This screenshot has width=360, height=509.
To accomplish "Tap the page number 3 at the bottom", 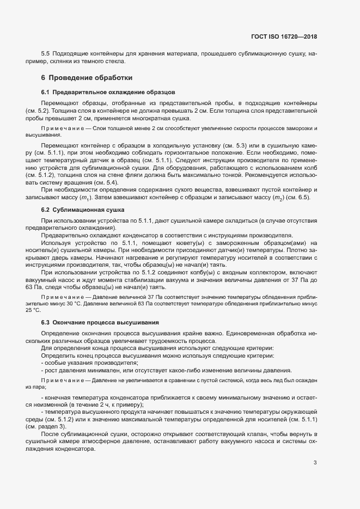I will (315, 463).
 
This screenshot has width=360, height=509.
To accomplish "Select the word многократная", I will (154, 118).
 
